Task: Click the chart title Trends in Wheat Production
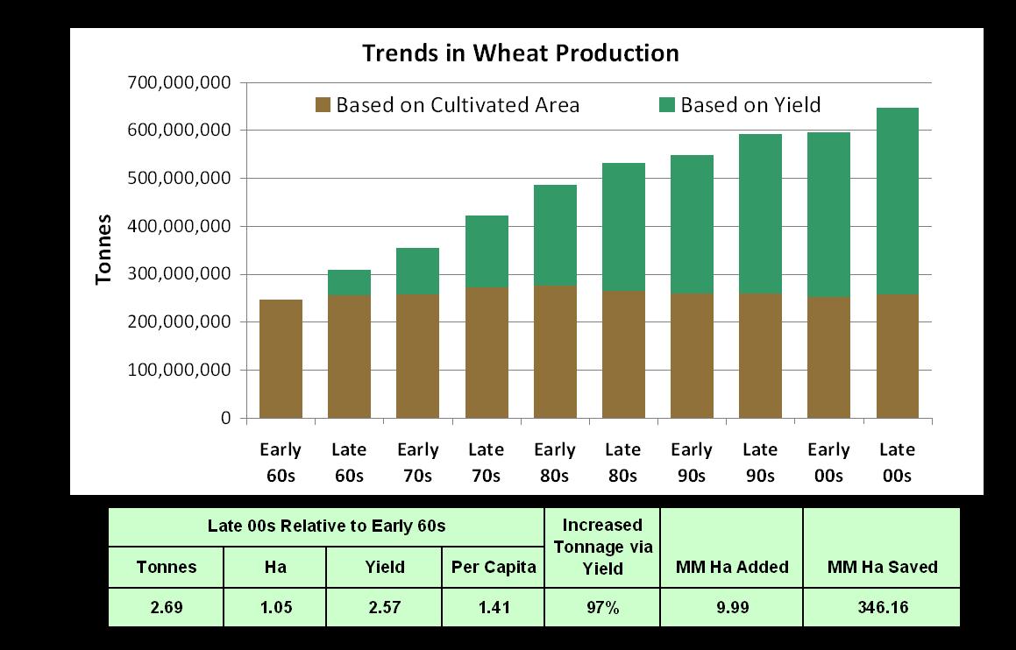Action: (521, 53)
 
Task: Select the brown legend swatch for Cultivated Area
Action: (323, 106)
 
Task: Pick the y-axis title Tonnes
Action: (104, 249)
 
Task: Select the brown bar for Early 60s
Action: (281, 359)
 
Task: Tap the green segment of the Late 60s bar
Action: (349, 283)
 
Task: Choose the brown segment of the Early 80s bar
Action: (555, 351)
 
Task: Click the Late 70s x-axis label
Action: (486, 463)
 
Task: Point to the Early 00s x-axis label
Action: (828, 463)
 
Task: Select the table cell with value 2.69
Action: (167, 607)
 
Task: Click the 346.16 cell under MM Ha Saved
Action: (881, 607)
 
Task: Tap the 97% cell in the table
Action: (602, 607)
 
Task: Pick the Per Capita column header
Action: (494, 567)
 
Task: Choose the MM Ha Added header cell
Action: (732, 567)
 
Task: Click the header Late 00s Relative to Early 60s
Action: (326, 526)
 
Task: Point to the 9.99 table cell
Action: (732, 607)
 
